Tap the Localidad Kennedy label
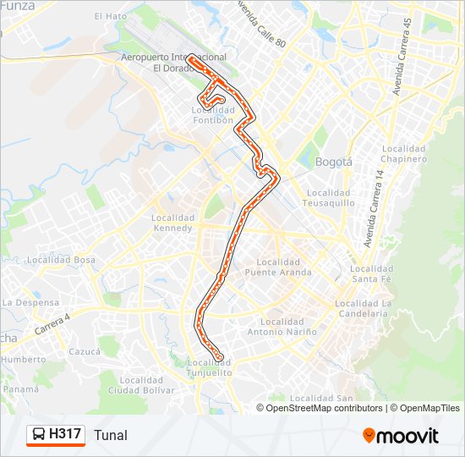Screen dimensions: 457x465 coord(173,223)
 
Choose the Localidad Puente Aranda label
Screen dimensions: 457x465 coord(278,267)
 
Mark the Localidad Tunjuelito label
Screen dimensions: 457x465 coord(209,367)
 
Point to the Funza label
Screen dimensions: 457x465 coord(19,6)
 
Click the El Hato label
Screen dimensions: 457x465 coord(110,16)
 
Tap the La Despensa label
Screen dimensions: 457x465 coord(30,302)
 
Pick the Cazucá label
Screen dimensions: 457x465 coord(85,350)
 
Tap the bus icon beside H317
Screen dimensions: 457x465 coord(38,435)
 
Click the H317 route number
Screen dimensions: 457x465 coord(65,435)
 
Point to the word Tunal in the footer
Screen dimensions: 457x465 coord(111,436)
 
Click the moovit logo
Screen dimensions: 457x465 coord(401,436)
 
